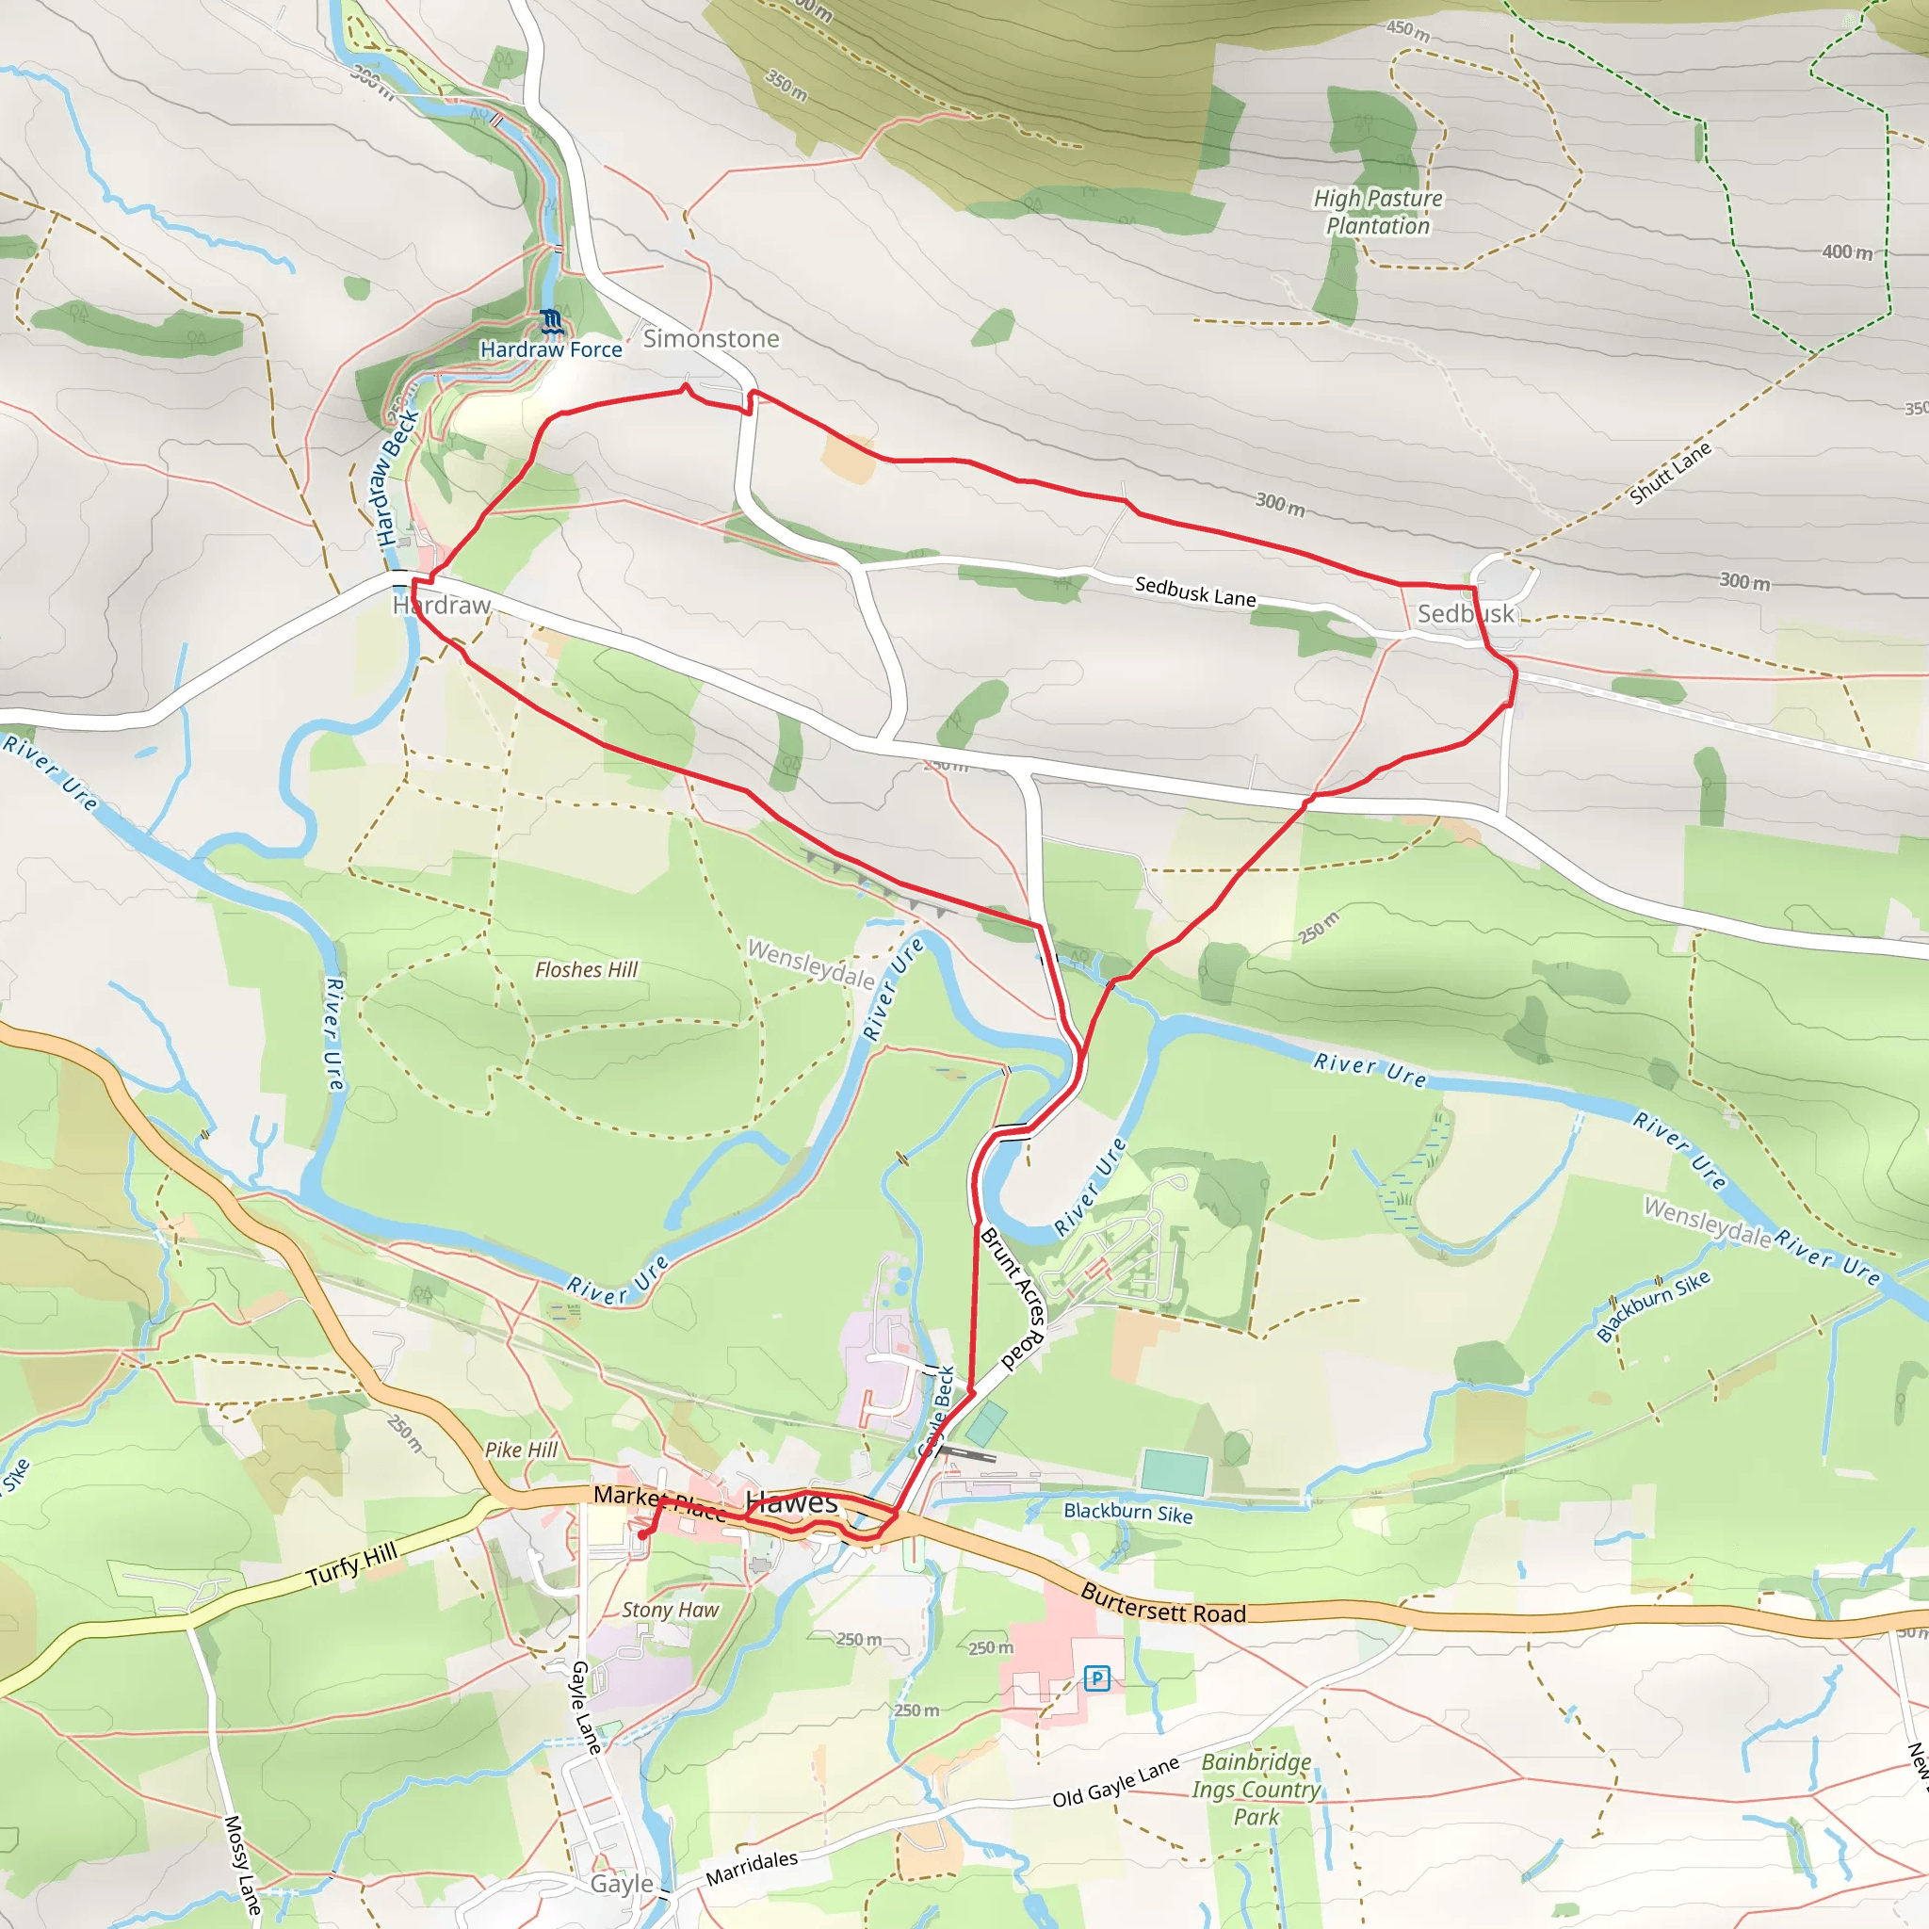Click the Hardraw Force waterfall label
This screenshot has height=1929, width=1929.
tap(551, 349)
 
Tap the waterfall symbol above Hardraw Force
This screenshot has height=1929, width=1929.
tap(551, 321)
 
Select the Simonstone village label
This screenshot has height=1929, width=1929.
tap(711, 338)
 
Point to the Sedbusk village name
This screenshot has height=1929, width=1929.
tap(1466, 613)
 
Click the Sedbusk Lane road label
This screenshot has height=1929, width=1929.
tap(1195, 592)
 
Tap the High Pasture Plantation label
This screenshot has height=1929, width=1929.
tap(1378, 212)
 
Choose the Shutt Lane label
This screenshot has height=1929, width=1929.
tap(1669, 472)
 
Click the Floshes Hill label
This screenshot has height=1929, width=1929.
tap(586, 969)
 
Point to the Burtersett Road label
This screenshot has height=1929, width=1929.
tap(1164, 1603)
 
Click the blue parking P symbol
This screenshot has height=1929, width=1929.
tap(1097, 1678)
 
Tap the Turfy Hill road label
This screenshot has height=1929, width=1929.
tap(351, 1564)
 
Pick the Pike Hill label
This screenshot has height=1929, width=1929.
tap(521, 1450)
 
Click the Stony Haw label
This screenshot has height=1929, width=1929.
tap(670, 1610)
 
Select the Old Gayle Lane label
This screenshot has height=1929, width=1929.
tap(1115, 1782)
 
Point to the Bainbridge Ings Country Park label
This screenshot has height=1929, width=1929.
tap(1256, 1790)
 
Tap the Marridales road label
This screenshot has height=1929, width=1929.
tap(752, 1869)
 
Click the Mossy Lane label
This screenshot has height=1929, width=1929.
tap(243, 1864)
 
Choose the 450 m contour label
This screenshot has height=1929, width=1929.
tap(1408, 30)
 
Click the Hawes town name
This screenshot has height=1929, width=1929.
tap(792, 1501)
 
